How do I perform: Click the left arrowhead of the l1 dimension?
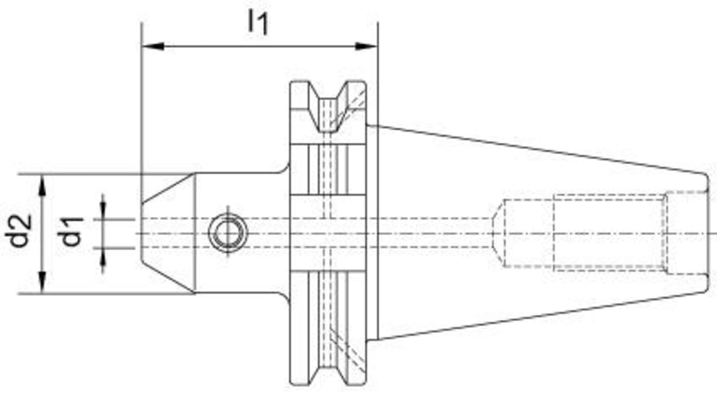click(153, 46)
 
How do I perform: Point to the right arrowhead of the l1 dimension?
click(366, 46)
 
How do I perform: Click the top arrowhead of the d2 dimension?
click(42, 185)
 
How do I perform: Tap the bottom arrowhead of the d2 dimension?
click(42, 282)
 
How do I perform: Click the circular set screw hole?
click(228, 233)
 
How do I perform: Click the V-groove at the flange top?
click(328, 106)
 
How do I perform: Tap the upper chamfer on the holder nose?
click(169, 189)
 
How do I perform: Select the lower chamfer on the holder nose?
click(169, 277)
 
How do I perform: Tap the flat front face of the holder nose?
click(142, 233)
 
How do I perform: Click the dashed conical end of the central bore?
click(498, 233)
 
